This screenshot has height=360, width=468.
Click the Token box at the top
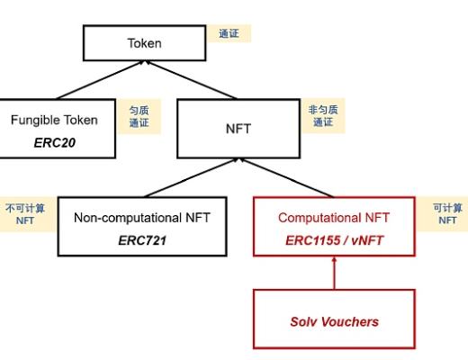pos(145,43)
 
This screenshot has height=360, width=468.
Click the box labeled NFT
pos(237,128)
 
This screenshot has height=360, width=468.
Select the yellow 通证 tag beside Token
pos(228,33)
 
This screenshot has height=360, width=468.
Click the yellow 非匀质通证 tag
pos(321,115)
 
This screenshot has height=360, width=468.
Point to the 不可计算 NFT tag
pos(24,214)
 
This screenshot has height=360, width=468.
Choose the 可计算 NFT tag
pos(447,213)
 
